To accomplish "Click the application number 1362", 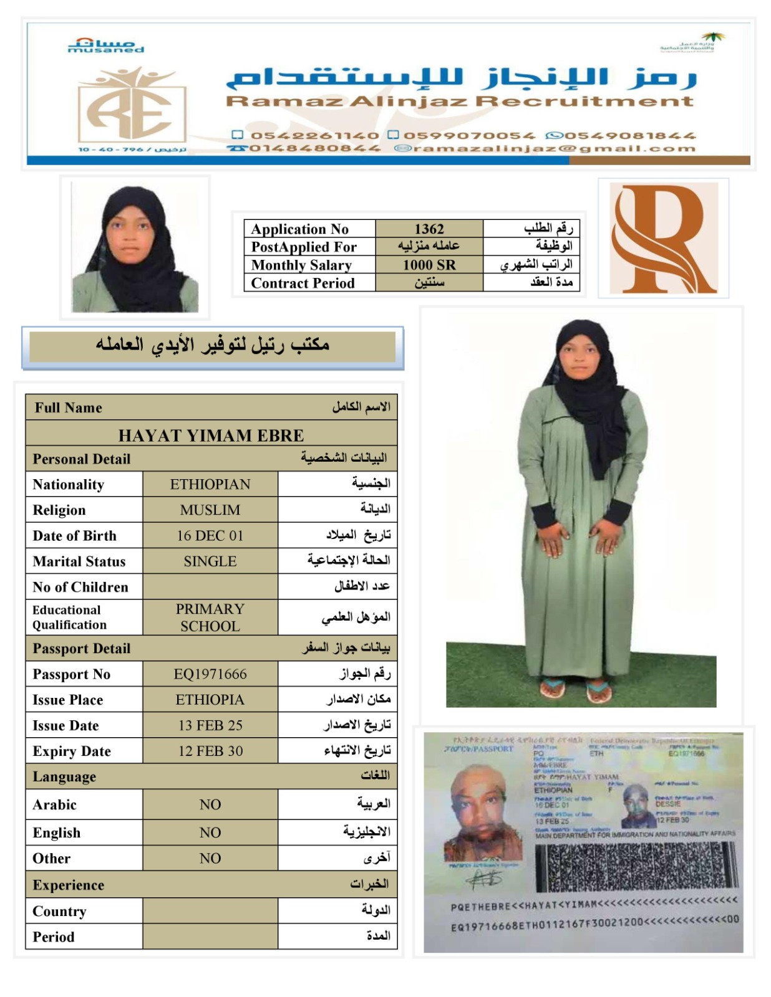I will (429, 229).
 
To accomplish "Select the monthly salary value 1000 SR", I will (429, 265).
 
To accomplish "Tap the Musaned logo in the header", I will (105, 45).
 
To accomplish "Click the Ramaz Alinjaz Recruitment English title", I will (460, 101).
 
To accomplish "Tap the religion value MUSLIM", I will (210, 510).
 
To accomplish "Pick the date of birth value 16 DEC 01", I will (210, 535).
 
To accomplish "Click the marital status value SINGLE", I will (210, 561).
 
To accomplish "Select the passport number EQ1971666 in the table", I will (210, 674).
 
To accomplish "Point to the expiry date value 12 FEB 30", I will (210, 751).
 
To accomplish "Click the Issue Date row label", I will (66, 725).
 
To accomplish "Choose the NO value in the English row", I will (210, 832).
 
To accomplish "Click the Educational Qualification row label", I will (70, 618).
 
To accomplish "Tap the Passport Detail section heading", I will (82, 649).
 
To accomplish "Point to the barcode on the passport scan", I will (635, 867).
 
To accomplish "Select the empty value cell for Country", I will (210, 911).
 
